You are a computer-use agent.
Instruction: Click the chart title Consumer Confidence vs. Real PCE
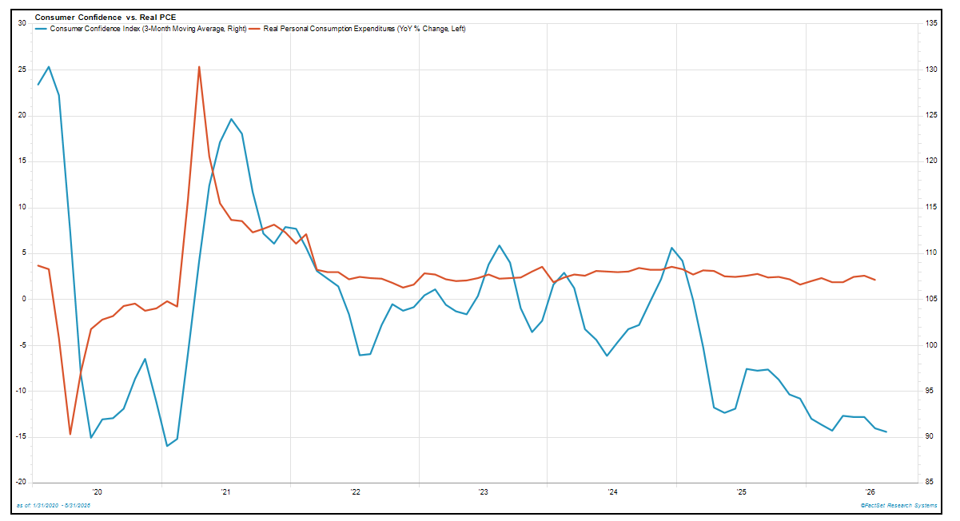click(106, 18)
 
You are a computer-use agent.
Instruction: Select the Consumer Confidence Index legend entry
click(141, 29)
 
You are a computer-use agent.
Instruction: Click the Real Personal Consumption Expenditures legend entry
click(358, 29)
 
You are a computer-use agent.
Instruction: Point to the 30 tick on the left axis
click(22, 23)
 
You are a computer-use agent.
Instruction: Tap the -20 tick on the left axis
click(21, 482)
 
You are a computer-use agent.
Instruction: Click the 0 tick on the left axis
click(24, 299)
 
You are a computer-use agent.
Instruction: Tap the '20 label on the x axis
click(98, 492)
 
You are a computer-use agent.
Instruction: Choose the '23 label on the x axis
click(483, 492)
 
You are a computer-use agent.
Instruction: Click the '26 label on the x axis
click(870, 492)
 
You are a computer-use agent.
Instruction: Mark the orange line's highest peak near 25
click(199, 67)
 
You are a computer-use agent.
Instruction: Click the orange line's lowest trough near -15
click(70, 434)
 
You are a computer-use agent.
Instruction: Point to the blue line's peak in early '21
click(231, 119)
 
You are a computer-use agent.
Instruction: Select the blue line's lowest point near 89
click(167, 446)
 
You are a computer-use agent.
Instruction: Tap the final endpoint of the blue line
click(886, 432)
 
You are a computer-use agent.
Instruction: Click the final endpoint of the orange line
click(874, 280)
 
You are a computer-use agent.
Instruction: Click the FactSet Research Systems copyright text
click(898, 506)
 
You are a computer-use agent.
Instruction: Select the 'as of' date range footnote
click(54, 506)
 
